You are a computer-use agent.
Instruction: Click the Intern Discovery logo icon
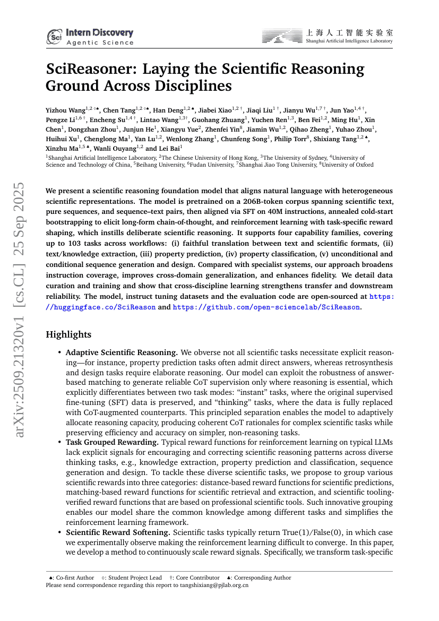tap(54, 36)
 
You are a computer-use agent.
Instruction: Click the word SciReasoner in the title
tap(94, 70)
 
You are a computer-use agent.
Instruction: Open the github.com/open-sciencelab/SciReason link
tap(266, 307)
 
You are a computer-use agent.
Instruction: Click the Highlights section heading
tap(68, 334)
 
